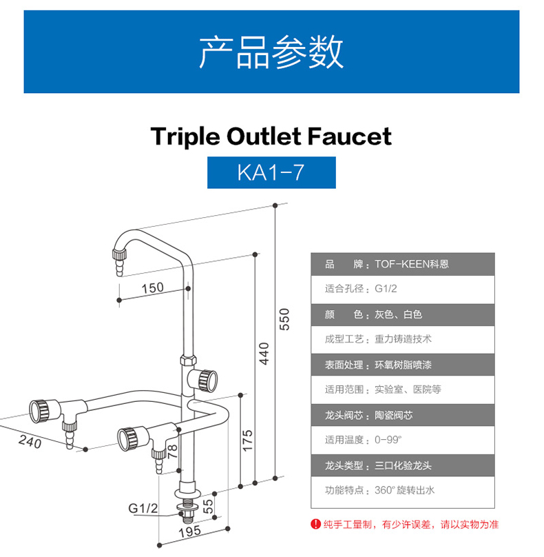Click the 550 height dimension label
tap(284, 319)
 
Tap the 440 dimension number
tap(264, 354)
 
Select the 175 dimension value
tap(247, 440)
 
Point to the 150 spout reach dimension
tap(153, 287)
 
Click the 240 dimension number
tap(30, 442)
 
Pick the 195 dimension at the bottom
tap(190, 531)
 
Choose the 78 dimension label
tap(172, 451)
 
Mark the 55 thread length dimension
tap(208, 506)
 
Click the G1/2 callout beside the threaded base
tap(143, 508)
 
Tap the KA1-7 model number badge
tap(271, 172)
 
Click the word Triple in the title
tap(185, 136)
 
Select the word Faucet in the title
tap(350, 136)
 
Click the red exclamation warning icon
tap(315, 524)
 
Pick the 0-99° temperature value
tap(388, 440)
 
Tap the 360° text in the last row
tap(385, 490)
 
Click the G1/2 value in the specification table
tap(386, 288)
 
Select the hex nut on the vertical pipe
tap(188, 360)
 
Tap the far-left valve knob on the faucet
tap(39, 411)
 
